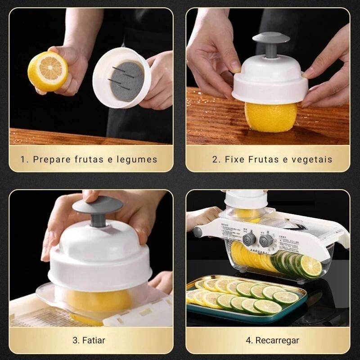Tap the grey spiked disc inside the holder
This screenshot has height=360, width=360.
126,79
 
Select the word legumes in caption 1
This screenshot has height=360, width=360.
137,159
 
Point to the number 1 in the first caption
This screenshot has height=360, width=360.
23,159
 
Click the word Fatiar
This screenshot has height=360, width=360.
96,340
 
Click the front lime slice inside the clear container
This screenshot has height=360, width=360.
311,266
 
